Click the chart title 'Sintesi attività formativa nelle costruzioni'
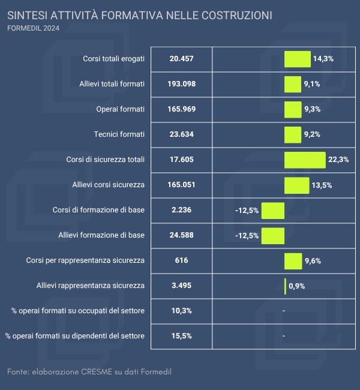139,14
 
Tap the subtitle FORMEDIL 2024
33,28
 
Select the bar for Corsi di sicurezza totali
305,160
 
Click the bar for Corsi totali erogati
297,59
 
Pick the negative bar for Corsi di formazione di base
272,211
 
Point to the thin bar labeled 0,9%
285,286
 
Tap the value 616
181,260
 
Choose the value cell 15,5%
181,336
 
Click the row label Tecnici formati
119,134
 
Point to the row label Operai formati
120,109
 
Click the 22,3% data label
338,160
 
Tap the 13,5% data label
322,185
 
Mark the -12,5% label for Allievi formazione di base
247,236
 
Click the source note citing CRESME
89,373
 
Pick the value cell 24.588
181,235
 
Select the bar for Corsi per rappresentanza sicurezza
293,261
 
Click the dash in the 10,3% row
283,311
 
